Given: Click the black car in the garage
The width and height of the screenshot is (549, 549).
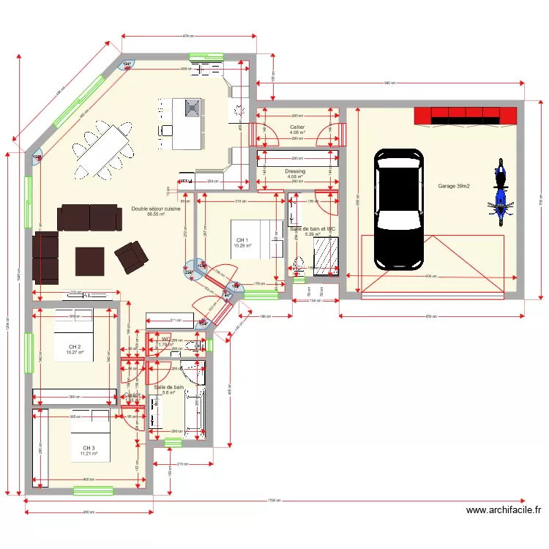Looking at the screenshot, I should (399, 209).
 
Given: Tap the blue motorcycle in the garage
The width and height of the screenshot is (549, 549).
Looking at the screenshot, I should (501, 189).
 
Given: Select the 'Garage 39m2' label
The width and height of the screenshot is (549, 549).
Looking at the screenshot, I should (454, 187).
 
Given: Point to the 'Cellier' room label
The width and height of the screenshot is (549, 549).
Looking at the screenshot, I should (297, 127).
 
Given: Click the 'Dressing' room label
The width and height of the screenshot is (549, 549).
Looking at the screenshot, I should (295, 171).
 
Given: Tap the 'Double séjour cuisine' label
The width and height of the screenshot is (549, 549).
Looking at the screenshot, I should (156, 209).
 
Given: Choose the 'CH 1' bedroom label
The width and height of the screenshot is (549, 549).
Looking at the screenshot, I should (242, 240).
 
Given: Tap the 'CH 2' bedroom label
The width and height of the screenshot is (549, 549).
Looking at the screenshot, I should (75, 346).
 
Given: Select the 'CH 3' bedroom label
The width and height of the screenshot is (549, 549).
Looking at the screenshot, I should (88, 447).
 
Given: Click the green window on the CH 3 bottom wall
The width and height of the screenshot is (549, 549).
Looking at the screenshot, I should (93, 490).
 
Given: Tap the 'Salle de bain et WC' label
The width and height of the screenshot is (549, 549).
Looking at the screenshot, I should (313, 229).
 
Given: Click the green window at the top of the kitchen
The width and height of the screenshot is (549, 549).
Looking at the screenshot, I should (206, 56).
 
